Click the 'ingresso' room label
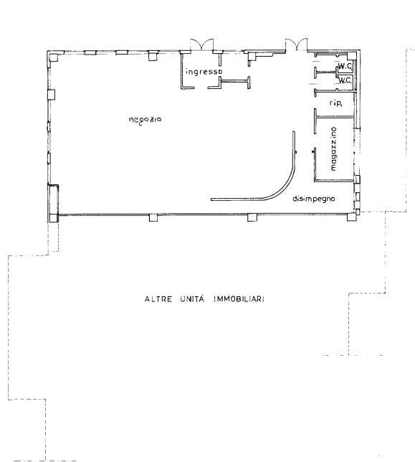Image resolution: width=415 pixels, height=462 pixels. [204, 72]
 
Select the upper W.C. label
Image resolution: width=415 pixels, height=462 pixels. [345, 67]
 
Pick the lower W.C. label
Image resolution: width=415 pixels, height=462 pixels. [345, 80]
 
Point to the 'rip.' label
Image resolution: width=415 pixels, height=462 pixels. [335, 103]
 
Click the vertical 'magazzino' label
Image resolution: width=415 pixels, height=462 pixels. [333, 148]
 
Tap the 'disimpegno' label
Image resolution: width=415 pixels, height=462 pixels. [314, 199]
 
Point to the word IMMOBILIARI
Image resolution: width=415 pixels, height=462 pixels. [239, 299]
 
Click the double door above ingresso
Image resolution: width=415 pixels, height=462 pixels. [201, 44]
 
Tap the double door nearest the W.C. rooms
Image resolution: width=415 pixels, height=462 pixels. [296, 44]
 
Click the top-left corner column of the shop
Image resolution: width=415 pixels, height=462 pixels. [54, 57]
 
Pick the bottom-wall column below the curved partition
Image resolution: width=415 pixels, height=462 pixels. [252, 217]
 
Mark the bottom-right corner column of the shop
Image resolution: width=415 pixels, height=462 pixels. [351, 217]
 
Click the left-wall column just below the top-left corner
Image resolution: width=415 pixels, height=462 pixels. [51, 95]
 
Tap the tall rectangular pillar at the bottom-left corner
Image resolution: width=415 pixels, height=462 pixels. [53, 203]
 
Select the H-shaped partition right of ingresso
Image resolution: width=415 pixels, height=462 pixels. [235, 82]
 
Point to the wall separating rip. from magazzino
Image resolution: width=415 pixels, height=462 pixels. [334, 117]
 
